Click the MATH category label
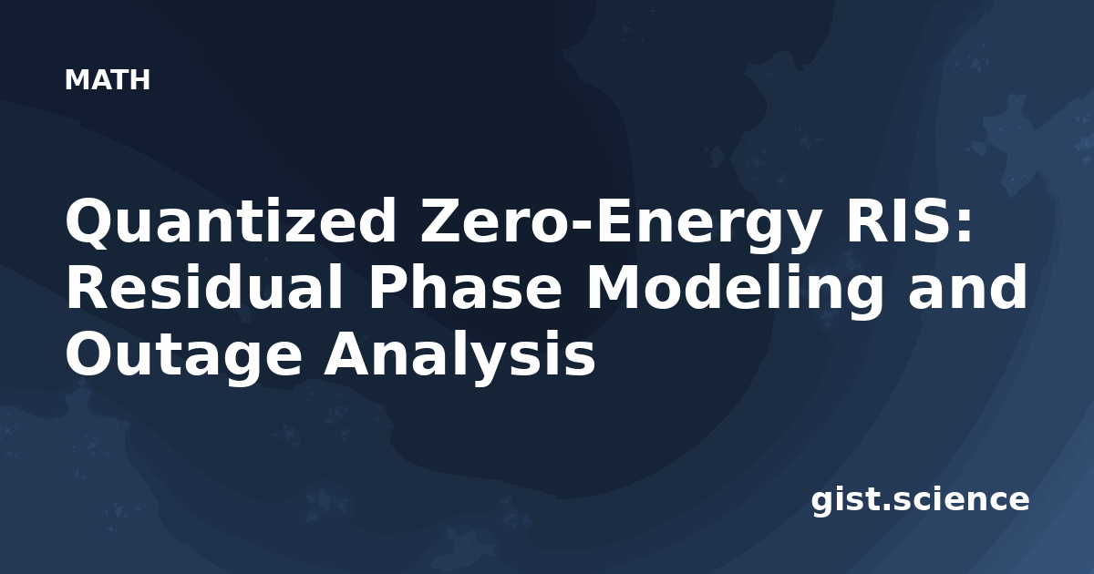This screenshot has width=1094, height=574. click(x=107, y=79)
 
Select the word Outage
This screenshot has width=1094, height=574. click(x=183, y=356)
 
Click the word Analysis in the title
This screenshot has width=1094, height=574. click(x=459, y=356)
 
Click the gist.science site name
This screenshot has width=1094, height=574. click(x=920, y=501)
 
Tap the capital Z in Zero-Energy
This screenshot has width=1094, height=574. click(x=441, y=220)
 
